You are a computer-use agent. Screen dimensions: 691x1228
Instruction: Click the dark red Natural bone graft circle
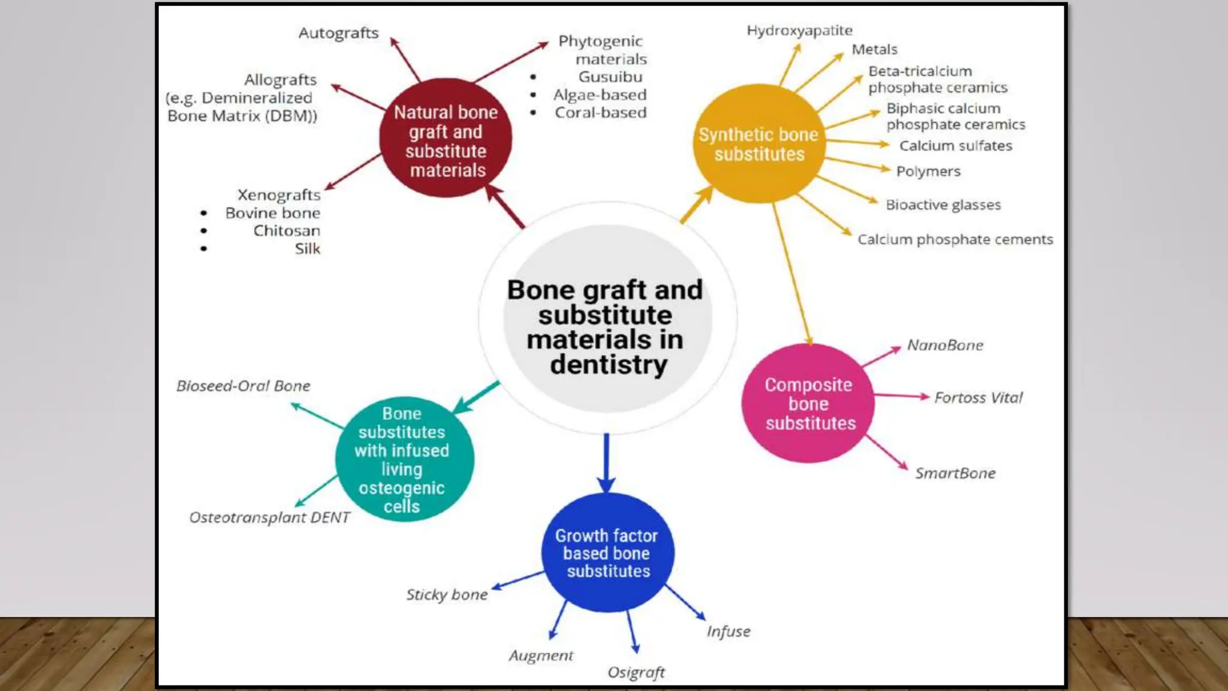click(x=446, y=138)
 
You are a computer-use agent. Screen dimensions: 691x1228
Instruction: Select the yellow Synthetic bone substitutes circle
click(x=759, y=144)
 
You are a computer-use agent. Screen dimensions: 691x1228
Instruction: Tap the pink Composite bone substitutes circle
click(x=808, y=403)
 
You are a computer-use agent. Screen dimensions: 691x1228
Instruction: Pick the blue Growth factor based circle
click(x=607, y=552)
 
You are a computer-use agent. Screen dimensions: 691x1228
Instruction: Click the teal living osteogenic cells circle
click(x=404, y=459)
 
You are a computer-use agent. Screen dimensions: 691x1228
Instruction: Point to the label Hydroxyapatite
click(x=799, y=31)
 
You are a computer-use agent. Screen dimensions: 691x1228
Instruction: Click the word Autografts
click(x=339, y=33)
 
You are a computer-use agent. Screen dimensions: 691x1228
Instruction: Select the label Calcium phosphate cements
click(x=955, y=240)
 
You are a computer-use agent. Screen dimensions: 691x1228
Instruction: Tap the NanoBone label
click(x=945, y=345)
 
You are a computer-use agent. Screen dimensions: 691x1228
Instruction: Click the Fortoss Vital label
click(x=978, y=398)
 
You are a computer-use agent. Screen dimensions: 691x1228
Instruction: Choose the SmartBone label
click(x=955, y=473)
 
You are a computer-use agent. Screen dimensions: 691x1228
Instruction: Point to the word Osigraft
click(x=636, y=672)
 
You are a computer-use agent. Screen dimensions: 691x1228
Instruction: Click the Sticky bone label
click(x=447, y=595)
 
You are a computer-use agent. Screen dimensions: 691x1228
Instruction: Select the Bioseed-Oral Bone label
click(x=243, y=386)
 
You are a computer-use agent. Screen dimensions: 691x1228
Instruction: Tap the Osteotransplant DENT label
click(x=269, y=518)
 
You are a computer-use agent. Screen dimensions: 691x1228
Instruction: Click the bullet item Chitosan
click(x=286, y=231)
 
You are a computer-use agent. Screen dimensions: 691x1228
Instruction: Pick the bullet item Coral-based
click(x=600, y=113)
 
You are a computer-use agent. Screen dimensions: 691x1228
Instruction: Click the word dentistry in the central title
click(x=608, y=365)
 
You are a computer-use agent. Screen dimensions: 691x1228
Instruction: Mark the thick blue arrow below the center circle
click(x=606, y=462)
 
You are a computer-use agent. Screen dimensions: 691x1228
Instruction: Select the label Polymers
click(x=928, y=172)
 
